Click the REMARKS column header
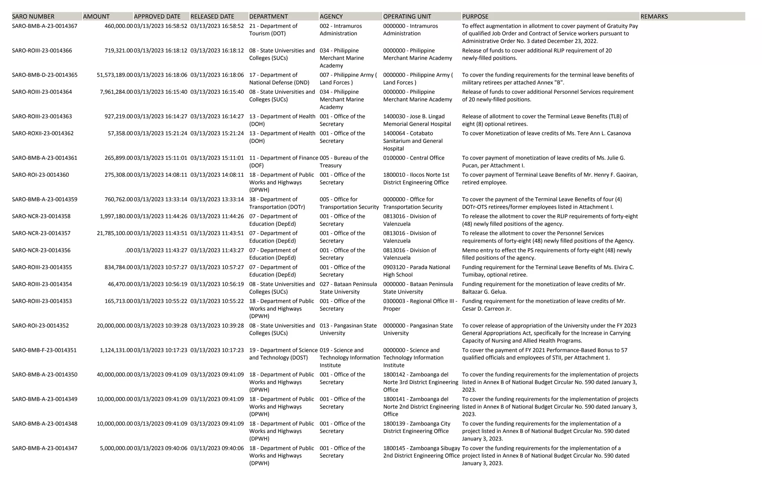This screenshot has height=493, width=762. click(654, 16)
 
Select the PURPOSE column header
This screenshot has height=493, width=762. click(475, 16)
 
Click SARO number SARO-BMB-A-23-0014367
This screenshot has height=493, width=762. click(45, 26)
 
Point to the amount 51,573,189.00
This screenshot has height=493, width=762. click(115, 75)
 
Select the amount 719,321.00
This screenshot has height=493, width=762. click(118, 51)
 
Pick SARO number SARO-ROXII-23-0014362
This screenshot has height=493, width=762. click(43, 133)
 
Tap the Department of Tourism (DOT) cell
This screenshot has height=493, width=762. click(273, 30)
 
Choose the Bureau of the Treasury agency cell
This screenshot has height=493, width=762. click(344, 161)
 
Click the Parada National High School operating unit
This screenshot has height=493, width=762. click(416, 271)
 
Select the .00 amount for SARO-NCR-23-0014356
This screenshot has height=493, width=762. click(129, 250)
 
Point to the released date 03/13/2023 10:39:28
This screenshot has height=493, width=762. click(217, 326)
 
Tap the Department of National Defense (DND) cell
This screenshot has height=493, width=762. click(279, 79)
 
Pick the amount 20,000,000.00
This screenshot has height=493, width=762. click(115, 326)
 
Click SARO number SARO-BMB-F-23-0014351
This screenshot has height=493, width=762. click(44, 350)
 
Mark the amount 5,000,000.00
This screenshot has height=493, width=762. click(116, 448)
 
